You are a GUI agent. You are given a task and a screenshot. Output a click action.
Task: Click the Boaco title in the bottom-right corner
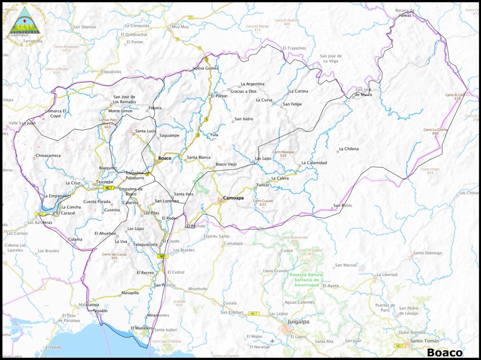coord(444,352)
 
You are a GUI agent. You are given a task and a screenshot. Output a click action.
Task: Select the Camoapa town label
coord(233,198)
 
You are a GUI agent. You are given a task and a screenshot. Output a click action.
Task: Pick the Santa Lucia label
coord(146,131)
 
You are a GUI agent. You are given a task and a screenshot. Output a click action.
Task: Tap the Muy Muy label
coord(180,27)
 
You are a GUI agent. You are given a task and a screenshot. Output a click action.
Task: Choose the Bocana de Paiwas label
coord(405,13)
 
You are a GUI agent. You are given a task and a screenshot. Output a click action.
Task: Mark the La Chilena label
coord(348,149)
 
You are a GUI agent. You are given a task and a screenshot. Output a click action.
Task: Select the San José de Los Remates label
coord(124,99)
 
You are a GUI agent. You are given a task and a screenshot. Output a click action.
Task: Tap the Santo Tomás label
coord(425,341)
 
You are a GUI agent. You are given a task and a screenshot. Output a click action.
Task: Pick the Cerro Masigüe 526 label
coord(283,153)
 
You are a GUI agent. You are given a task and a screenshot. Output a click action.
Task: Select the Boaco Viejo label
coord(226,164)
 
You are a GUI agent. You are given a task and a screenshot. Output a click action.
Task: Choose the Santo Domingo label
coord(427,253)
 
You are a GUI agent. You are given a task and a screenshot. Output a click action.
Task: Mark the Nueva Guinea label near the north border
coord(206,68)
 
